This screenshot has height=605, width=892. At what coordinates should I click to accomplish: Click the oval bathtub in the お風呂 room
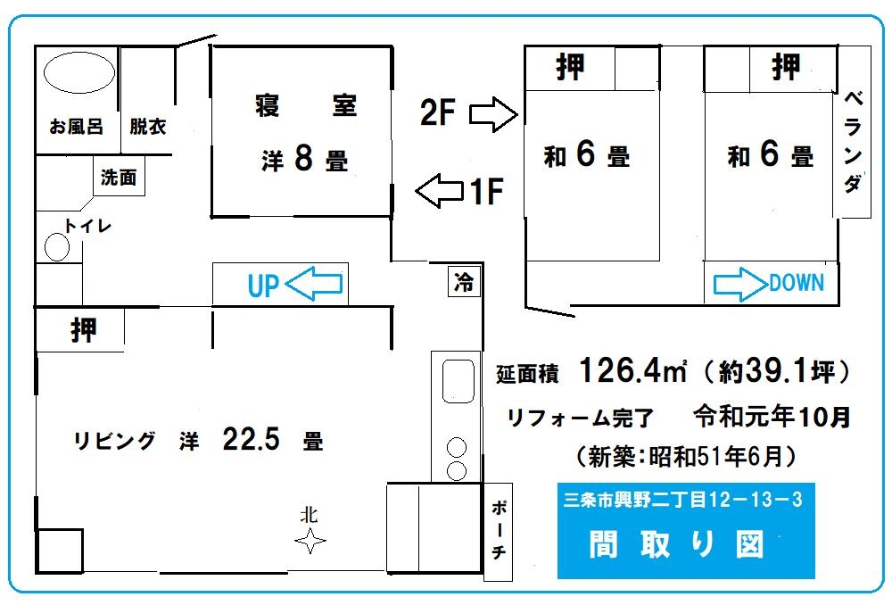pos(79,72)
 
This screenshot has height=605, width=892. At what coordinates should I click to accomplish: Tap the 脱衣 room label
pos(148,127)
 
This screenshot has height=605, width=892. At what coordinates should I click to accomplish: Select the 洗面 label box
pos(119,177)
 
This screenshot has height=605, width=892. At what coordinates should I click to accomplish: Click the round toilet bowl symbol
pos(57,247)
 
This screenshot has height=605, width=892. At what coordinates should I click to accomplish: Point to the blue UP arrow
pos(313,284)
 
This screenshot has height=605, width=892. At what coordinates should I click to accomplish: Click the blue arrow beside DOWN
pos(740,284)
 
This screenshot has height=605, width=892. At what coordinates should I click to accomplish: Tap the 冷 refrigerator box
pos(464,281)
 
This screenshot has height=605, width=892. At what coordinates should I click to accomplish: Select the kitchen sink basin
pos(458,381)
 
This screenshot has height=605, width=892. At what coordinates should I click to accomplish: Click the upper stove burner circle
pos(456,447)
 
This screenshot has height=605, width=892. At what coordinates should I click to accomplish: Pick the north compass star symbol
pos(310,541)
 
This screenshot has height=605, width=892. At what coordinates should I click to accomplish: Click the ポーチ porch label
pos(499,530)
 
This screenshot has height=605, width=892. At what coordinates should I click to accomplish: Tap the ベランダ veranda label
pos(852,142)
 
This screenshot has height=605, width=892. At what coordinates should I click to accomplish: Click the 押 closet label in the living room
pos(84,330)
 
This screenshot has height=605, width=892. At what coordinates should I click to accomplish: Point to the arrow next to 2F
pos(493,114)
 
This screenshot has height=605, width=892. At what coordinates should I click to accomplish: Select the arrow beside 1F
pos(439,191)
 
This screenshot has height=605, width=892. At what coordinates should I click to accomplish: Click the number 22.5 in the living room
pos(251,439)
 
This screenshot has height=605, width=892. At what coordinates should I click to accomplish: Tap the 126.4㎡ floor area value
pos(632,370)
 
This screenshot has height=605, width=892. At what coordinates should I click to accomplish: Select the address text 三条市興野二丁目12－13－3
pos(682,500)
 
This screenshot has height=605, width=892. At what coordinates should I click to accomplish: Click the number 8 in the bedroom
pos(304,157)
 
